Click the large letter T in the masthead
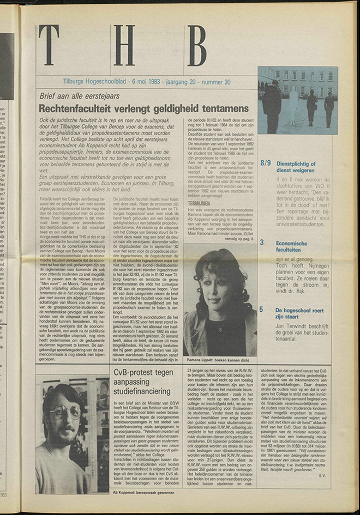coord(49,45)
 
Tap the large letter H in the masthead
coord(124,45)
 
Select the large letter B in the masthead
coord(196,45)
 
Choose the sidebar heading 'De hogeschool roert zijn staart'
coord(301,313)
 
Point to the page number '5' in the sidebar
coord(262,310)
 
